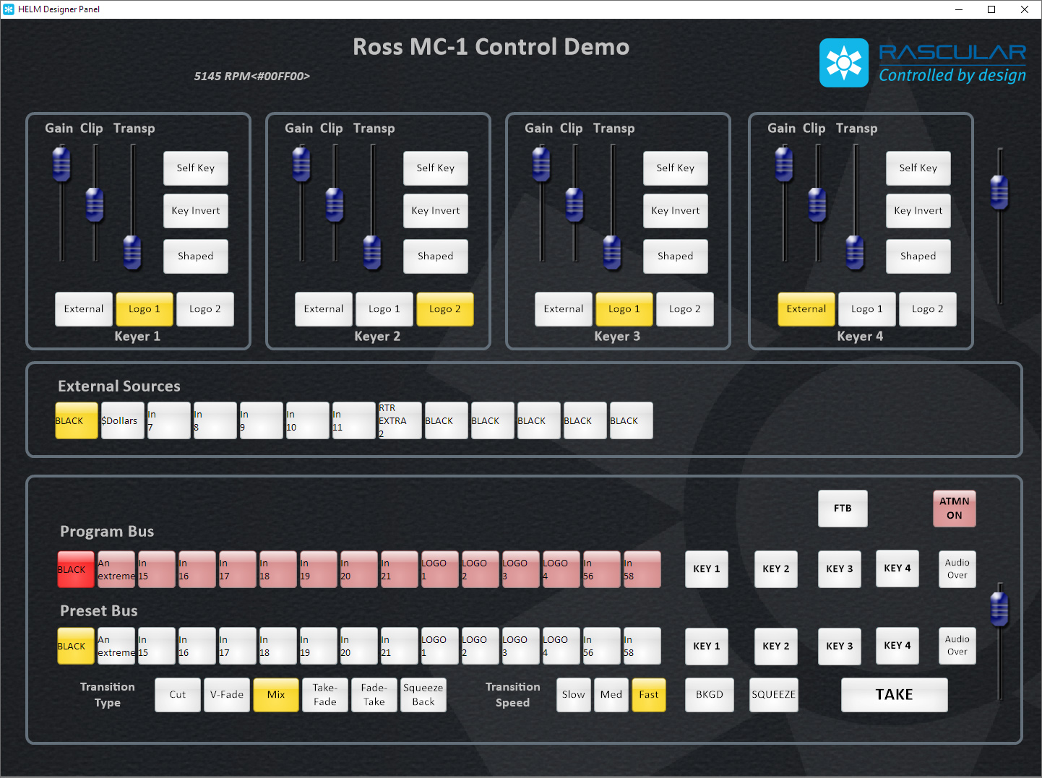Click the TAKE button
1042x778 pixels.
pyautogui.click(x=894, y=694)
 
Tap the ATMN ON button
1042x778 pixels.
pyautogui.click(x=954, y=508)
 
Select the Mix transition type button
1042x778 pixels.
pyautogui.click(x=276, y=694)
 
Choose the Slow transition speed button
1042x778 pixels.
pyautogui.click(x=573, y=694)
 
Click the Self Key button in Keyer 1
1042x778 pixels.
pyautogui.click(x=195, y=168)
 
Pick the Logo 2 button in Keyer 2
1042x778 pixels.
pyautogui.click(x=444, y=308)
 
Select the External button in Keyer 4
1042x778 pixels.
pyautogui.click(x=806, y=308)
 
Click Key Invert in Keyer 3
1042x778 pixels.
pyautogui.click(x=675, y=210)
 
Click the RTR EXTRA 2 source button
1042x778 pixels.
pyautogui.click(x=400, y=420)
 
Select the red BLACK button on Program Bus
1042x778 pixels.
pyautogui.click(x=76, y=569)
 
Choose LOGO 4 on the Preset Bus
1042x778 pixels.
pyautogui.click(x=561, y=646)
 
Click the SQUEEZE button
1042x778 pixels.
pyautogui.click(x=773, y=694)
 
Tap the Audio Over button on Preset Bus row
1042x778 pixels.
pyautogui.click(x=957, y=646)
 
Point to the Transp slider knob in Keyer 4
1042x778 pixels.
pyautogui.click(x=855, y=252)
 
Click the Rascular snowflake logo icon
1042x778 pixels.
pyautogui.click(x=843, y=63)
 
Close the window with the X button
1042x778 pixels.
pyautogui.click(x=1024, y=9)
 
